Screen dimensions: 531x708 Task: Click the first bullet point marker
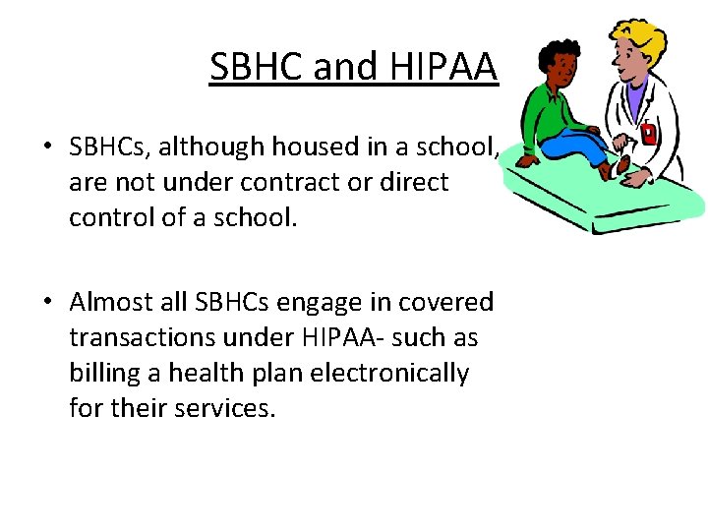[x=47, y=148]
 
